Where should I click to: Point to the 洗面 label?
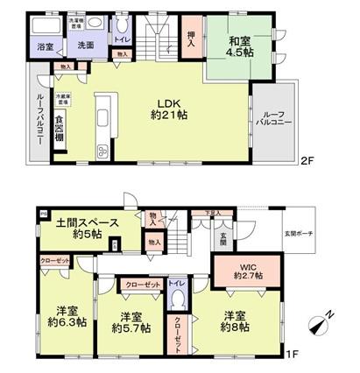point(84,45)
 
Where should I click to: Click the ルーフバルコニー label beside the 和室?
point(268,119)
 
